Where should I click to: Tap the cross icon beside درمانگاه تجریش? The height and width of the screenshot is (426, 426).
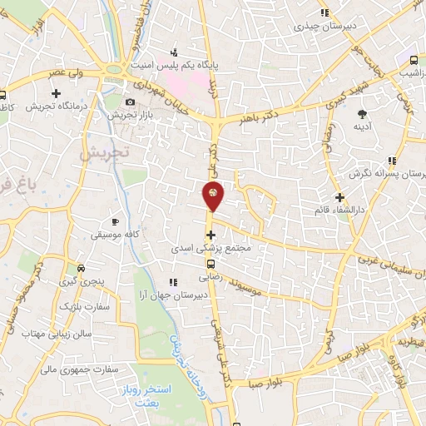[x=55, y=92]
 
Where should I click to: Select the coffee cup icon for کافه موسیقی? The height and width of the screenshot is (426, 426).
[x=115, y=221]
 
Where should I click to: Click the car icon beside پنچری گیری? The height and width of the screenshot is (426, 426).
[x=81, y=268]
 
